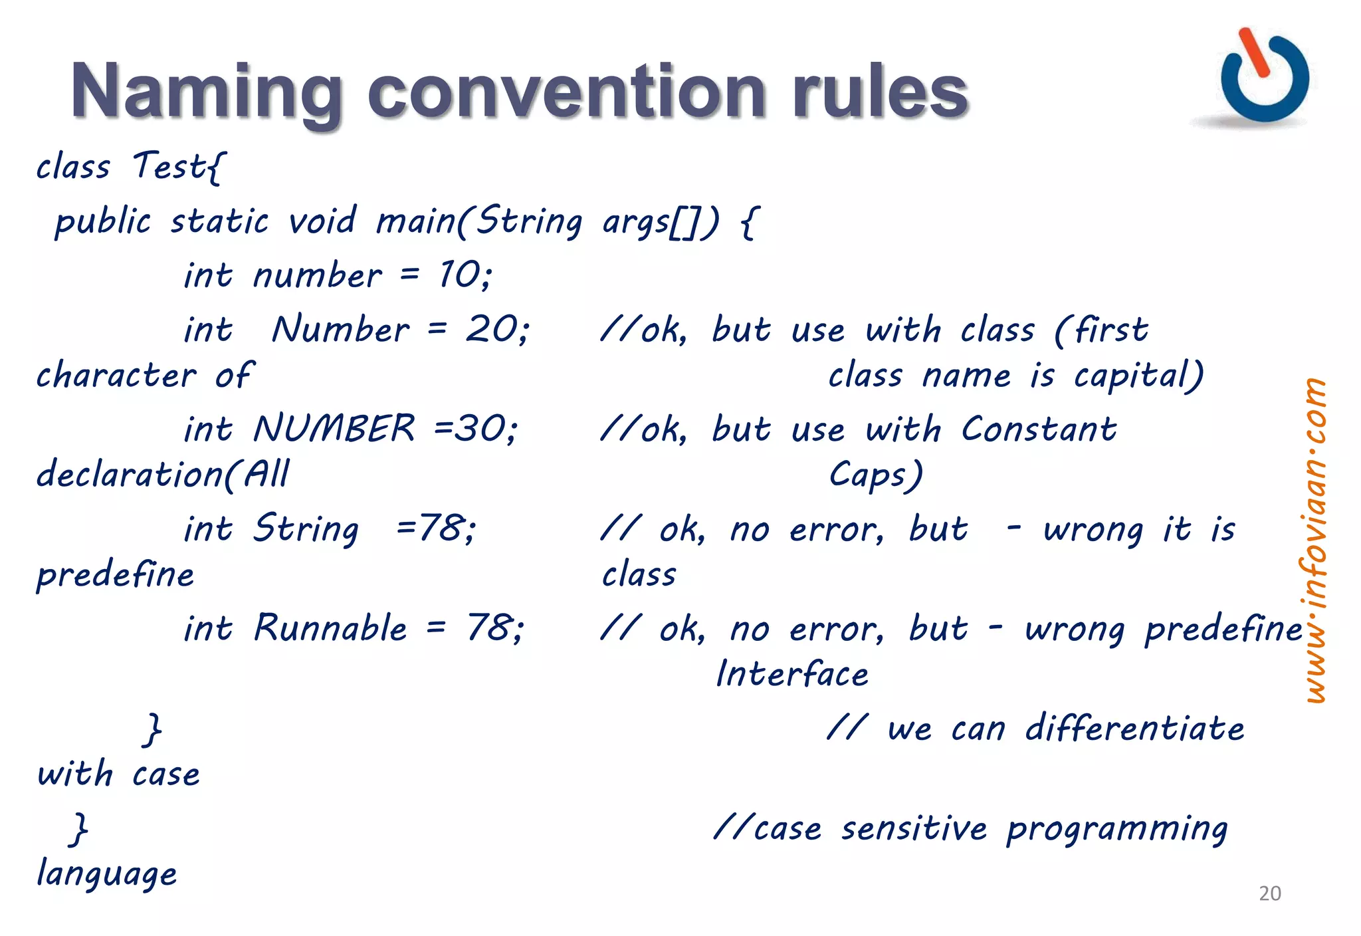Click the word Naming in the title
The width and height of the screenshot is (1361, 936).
206,92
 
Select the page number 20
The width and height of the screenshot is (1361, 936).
1269,893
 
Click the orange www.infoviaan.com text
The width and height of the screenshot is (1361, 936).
1314,540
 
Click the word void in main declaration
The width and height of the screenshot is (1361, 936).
322,220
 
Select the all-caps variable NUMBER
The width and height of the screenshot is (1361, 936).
334,428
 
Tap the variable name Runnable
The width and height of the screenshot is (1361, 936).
330,628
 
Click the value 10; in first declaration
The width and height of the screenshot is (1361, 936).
465,275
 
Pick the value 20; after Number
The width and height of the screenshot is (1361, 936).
497,329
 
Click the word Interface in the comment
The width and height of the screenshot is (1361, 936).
792,673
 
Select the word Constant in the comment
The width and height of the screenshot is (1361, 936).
1039,429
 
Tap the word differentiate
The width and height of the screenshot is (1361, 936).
1134,728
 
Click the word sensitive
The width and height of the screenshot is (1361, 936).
914,828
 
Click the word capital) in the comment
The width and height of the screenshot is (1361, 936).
1138,376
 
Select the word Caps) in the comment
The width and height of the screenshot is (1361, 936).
875,475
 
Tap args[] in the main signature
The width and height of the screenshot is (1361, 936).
660,221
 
